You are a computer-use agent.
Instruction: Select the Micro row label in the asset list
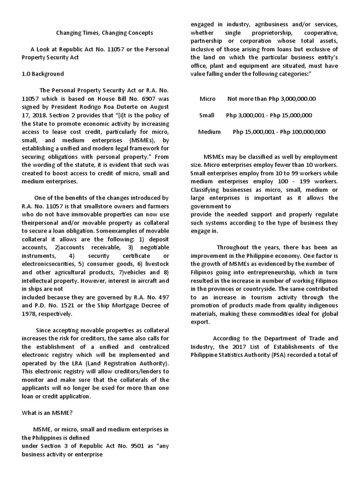pyautogui.click(x=208, y=99)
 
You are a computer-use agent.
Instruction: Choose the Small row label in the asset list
pyautogui.click(x=207, y=115)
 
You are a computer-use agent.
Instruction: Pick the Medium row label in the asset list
pyautogui.click(x=210, y=132)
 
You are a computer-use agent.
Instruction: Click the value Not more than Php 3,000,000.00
pyautogui.click(x=271, y=99)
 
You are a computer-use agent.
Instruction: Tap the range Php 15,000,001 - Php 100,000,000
pyautogui.click(x=279, y=132)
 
